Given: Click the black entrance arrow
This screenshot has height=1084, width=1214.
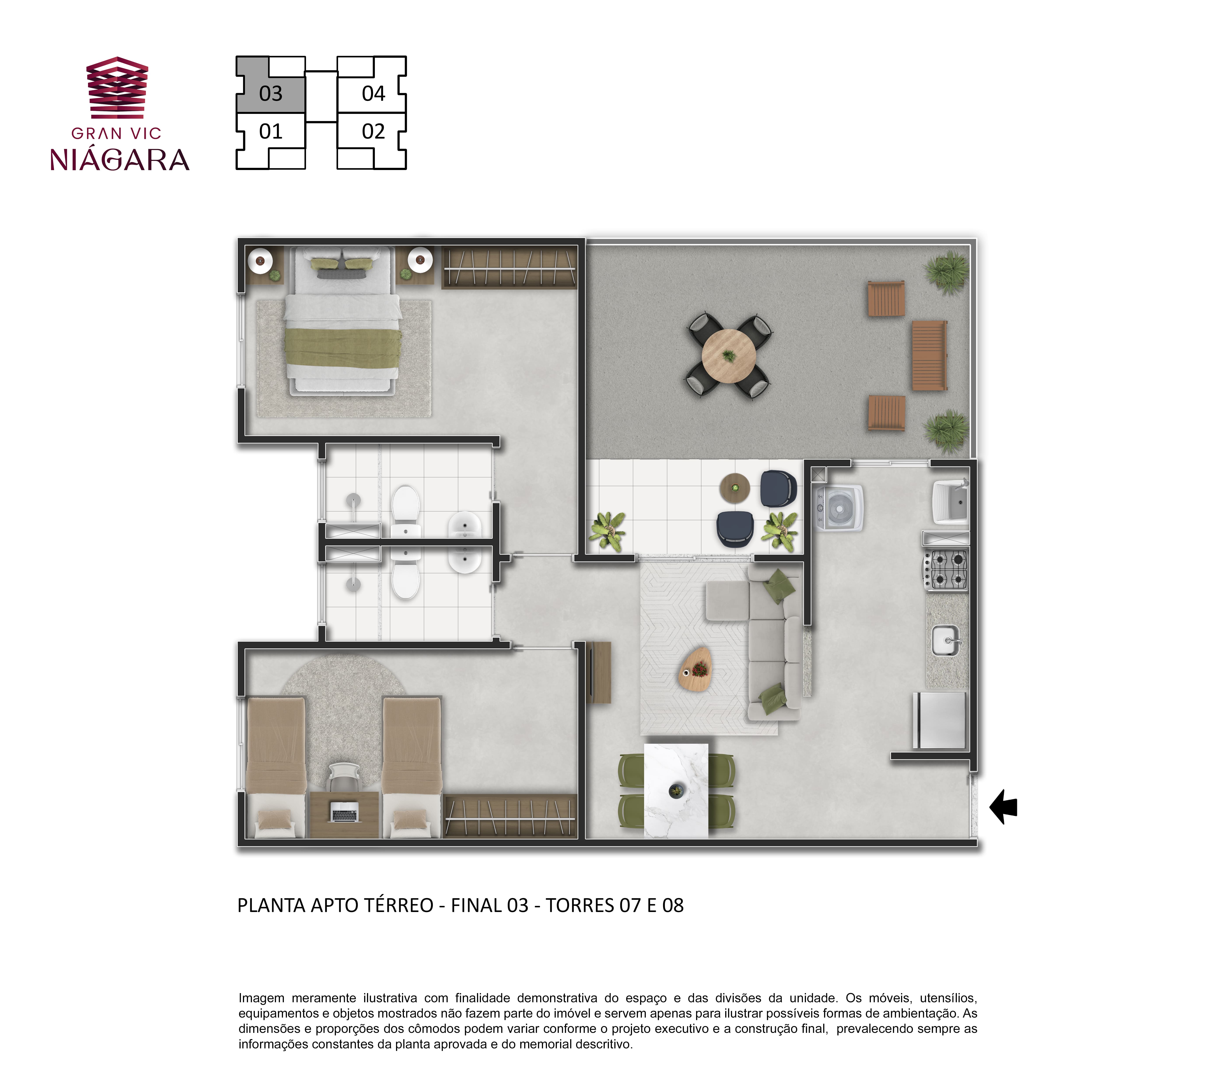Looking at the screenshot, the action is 1004,807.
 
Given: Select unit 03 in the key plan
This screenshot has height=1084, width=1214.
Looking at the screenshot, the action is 271,94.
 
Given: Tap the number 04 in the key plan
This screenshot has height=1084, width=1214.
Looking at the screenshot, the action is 374,94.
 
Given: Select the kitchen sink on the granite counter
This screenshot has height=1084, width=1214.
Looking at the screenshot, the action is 946,640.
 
